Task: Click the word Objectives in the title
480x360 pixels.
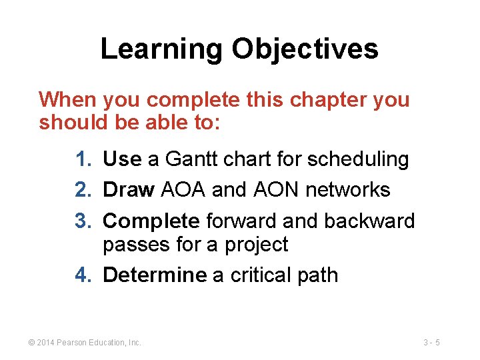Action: pyautogui.click(x=305, y=49)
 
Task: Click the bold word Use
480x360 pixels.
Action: pyautogui.click(x=122, y=159)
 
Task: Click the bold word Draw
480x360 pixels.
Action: pyautogui.click(x=129, y=190)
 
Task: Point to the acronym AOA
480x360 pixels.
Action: pyautogui.click(x=183, y=190)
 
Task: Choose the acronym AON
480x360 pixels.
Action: pyautogui.click(x=276, y=190)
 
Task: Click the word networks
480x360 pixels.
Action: pyautogui.click(x=347, y=190)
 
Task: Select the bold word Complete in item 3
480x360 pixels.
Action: pyautogui.click(x=151, y=221)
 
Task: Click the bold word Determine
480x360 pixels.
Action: pyautogui.click(x=155, y=275)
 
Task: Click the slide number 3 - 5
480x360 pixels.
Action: pyautogui.click(x=431, y=343)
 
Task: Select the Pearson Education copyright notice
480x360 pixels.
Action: pyautogui.click(x=84, y=343)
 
